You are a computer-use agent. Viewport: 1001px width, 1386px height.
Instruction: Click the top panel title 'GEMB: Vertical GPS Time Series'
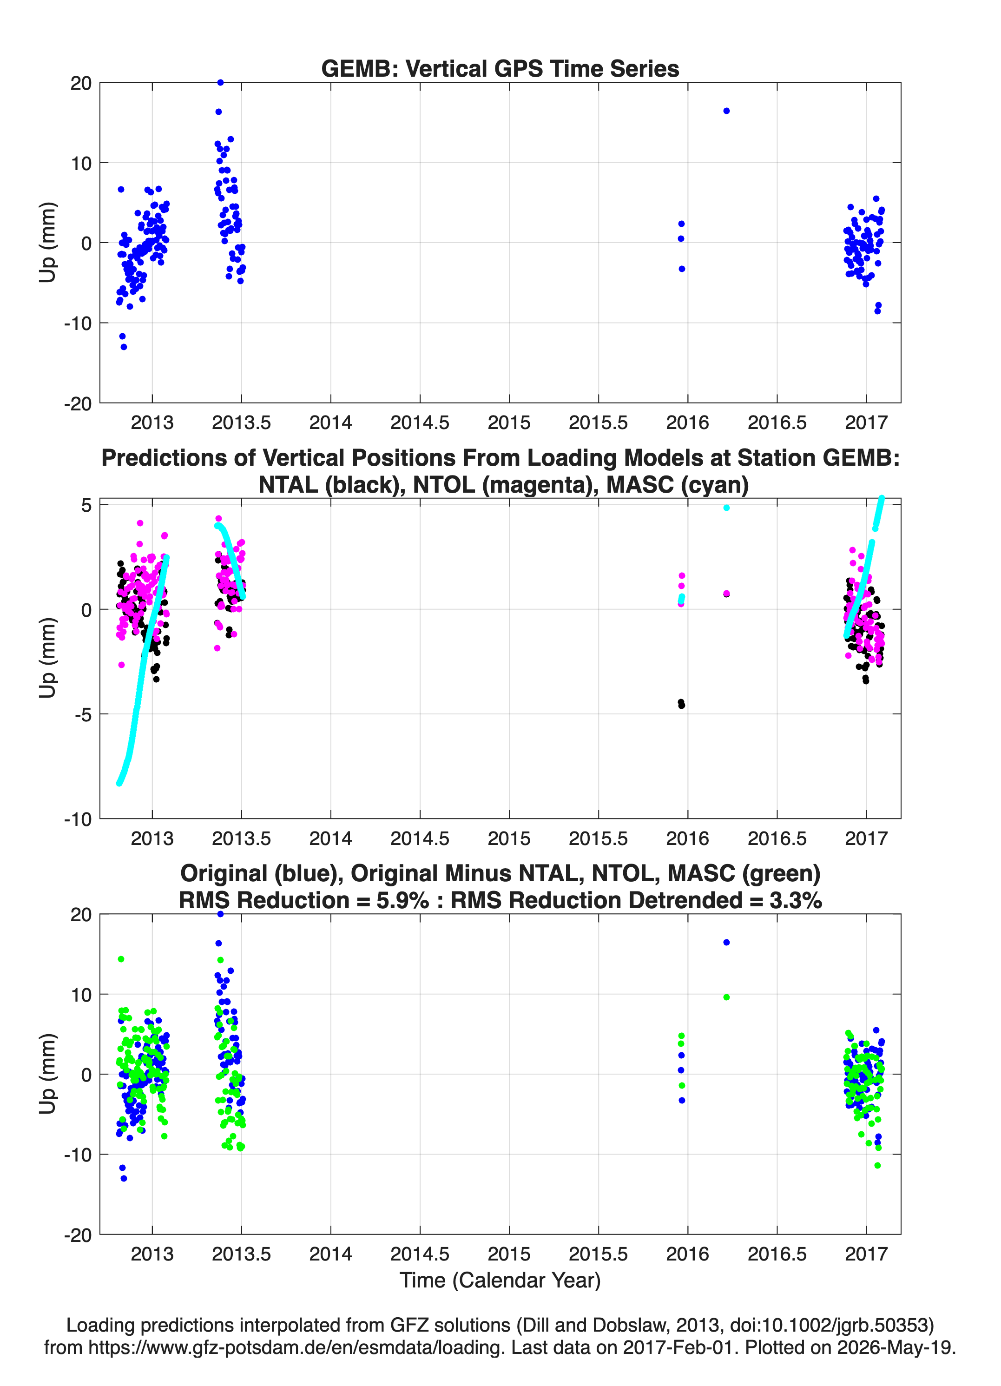pyautogui.click(x=500, y=68)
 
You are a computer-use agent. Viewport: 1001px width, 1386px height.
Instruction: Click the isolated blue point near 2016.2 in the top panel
pyautogui.click(x=727, y=111)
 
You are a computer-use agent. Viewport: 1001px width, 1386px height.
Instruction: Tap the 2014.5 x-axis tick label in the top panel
pyautogui.click(x=420, y=422)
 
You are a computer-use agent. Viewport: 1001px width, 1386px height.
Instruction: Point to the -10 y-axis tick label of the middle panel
pyautogui.click(x=78, y=819)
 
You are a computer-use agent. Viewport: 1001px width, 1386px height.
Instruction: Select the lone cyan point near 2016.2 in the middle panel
pyautogui.click(x=727, y=508)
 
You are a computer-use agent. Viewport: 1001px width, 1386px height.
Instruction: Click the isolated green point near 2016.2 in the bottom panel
pyautogui.click(x=727, y=997)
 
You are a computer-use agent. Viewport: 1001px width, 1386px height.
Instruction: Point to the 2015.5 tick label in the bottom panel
pyautogui.click(x=598, y=1254)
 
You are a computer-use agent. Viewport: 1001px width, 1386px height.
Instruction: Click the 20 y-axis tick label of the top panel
pyautogui.click(x=81, y=83)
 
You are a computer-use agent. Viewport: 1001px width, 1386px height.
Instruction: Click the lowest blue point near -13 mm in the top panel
pyautogui.click(x=124, y=347)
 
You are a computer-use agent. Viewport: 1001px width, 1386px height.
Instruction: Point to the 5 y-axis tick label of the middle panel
pyautogui.click(x=86, y=505)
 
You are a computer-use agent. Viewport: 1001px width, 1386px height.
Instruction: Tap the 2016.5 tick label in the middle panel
pyautogui.click(x=777, y=838)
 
